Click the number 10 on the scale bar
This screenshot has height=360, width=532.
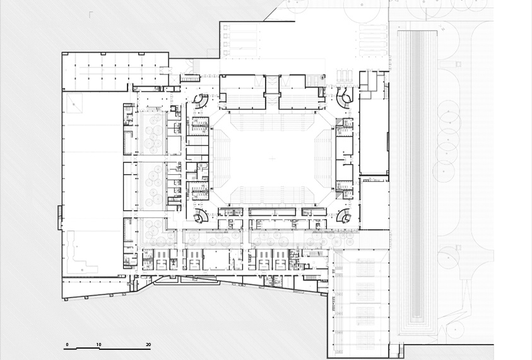[98, 344]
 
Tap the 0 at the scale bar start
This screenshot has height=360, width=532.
[67, 344]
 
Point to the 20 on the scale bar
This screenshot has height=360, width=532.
[148, 344]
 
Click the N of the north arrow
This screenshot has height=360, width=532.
[443, 30]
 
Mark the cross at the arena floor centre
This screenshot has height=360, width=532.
[273, 159]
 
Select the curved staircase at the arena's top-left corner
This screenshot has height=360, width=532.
[201, 101]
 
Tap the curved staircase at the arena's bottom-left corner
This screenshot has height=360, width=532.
[201, 215]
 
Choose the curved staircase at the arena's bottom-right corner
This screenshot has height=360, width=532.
[344, 216]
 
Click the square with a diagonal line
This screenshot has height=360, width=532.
[74, 103]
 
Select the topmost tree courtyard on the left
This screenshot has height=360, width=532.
[152, 133]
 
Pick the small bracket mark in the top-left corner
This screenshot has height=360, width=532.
[91, 15]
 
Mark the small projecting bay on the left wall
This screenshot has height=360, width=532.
[60, 217]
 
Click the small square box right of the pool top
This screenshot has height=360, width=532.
[458, 64]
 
